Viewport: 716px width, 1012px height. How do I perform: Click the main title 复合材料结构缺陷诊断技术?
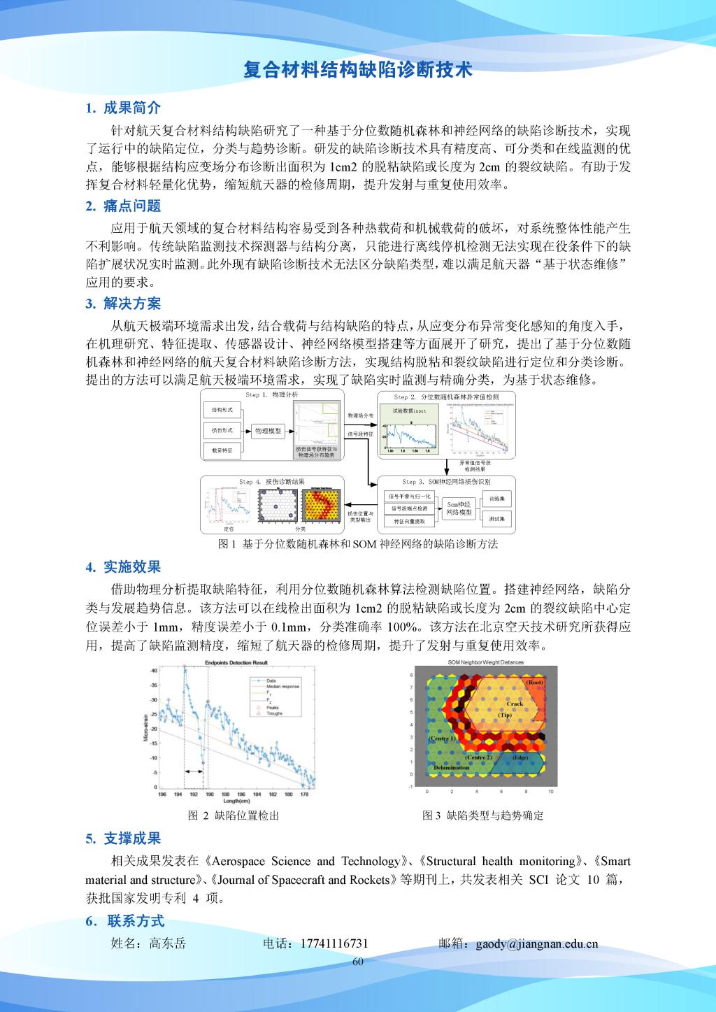pyautogui.click(x=357, y=70)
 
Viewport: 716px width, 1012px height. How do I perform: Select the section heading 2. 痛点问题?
pyautogui.click(x=123, y=206)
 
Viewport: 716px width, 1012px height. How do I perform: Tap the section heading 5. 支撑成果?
pyautogui.click(x=123, y=838)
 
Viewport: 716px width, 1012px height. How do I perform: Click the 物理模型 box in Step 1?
pyautogui.click(x=268, y=432)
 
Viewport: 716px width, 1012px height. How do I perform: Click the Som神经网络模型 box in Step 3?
pyautogui.click(x=459, y=508)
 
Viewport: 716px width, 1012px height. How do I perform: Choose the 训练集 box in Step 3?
pyautogui.click(x=499, y=499)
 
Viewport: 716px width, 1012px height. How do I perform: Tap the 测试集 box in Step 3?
pyautogui.click(x=499, y=519)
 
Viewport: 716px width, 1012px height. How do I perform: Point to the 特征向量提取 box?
pyautogui.click(x=409, y=522)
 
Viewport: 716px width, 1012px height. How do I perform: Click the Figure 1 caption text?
pyautogui.click(x=358, y=544)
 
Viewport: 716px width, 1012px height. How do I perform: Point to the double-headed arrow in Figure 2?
pyautogui.click(x=193, y=771)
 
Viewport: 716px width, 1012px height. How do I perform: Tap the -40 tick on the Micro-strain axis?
pyautogui.click(x=153, y=671)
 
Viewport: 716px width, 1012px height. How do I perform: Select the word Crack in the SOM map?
pyautogui.click(x=524, y=704)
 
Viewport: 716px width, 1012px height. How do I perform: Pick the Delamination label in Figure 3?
pyautogui.click(x=451, y=767)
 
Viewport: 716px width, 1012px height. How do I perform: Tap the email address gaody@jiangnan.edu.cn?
pyautogui.click(x=537, y=943)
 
